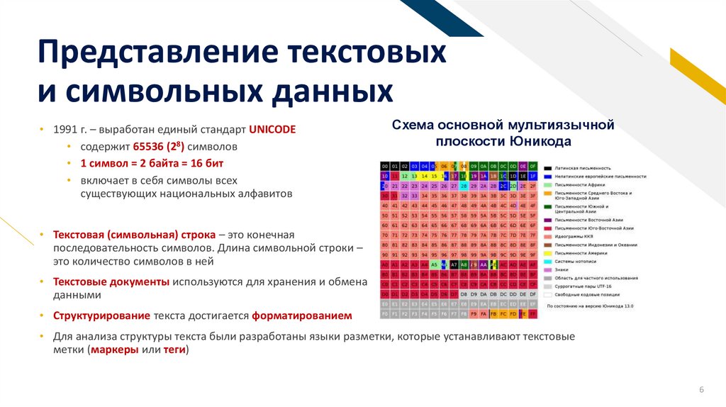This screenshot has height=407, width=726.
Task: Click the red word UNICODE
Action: (x=272, y=130)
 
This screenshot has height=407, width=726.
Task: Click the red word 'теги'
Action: (x=173, y=350)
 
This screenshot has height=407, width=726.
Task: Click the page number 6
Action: (x=701, y=391)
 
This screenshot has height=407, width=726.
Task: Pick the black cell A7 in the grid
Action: (x=454, y=264)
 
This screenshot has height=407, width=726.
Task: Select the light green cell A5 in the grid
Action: (x=434, y=264)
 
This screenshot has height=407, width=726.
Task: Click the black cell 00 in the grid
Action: (x=385, y=165)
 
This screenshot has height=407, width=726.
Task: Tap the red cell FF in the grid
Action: (x=532, y=313)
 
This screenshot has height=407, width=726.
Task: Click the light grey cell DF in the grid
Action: (x=532, y=293)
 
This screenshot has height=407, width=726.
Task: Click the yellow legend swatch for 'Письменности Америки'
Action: (x=547, y=252)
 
